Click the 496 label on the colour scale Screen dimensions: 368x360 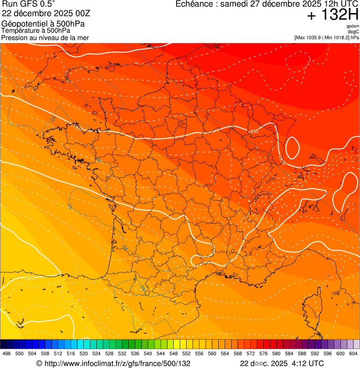click(7, 354)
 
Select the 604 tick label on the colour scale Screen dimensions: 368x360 click(353, 354)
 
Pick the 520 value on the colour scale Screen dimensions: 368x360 click(84, 354)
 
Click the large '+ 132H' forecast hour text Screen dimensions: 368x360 click(332, 15)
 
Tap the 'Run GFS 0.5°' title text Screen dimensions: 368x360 click(29, 5)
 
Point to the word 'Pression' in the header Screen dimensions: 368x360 click(15, 37)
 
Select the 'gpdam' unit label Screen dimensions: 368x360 click(353, 26)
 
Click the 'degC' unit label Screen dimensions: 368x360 click(354, 32)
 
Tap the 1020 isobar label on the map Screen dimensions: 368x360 click(29, 278)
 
